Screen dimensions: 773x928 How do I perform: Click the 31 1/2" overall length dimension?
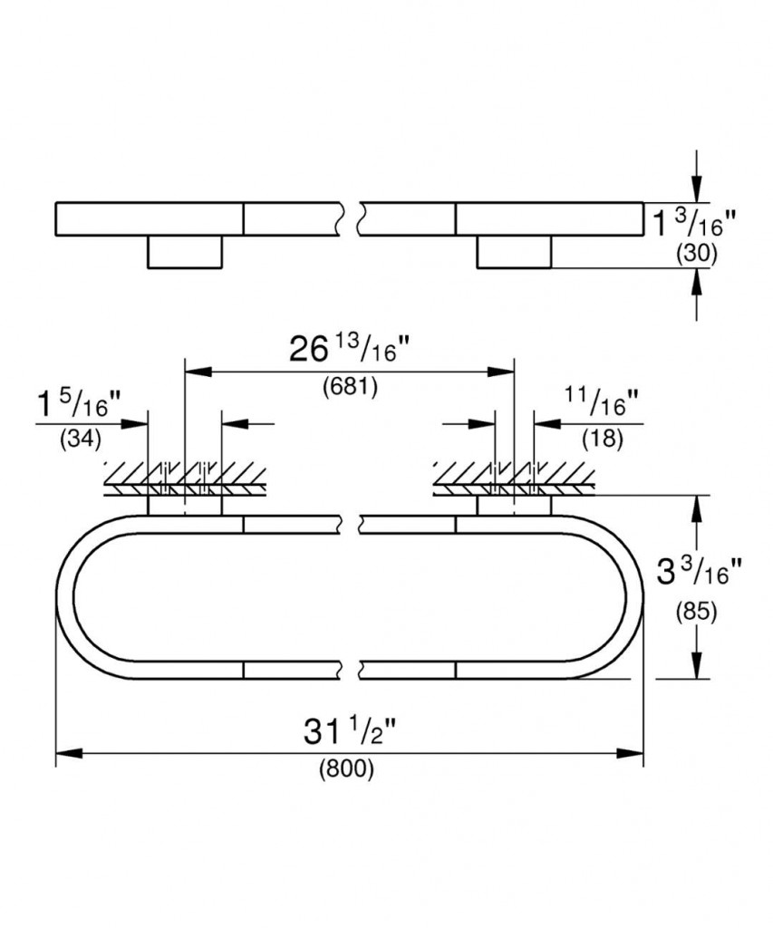pos(350,732)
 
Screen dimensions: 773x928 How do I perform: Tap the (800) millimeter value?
pos(347,769)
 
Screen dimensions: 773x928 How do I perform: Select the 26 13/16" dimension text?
pos(350,349)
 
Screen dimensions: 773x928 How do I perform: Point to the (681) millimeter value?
pos(350,387)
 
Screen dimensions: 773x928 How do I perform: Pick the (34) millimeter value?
pos(81,440)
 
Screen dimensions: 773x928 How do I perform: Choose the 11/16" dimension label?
pos(602,402)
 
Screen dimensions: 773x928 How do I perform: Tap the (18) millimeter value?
pos(604,438)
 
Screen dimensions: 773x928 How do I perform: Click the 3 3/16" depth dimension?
pos(699,572)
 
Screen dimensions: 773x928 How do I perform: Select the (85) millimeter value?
pos(697,612)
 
